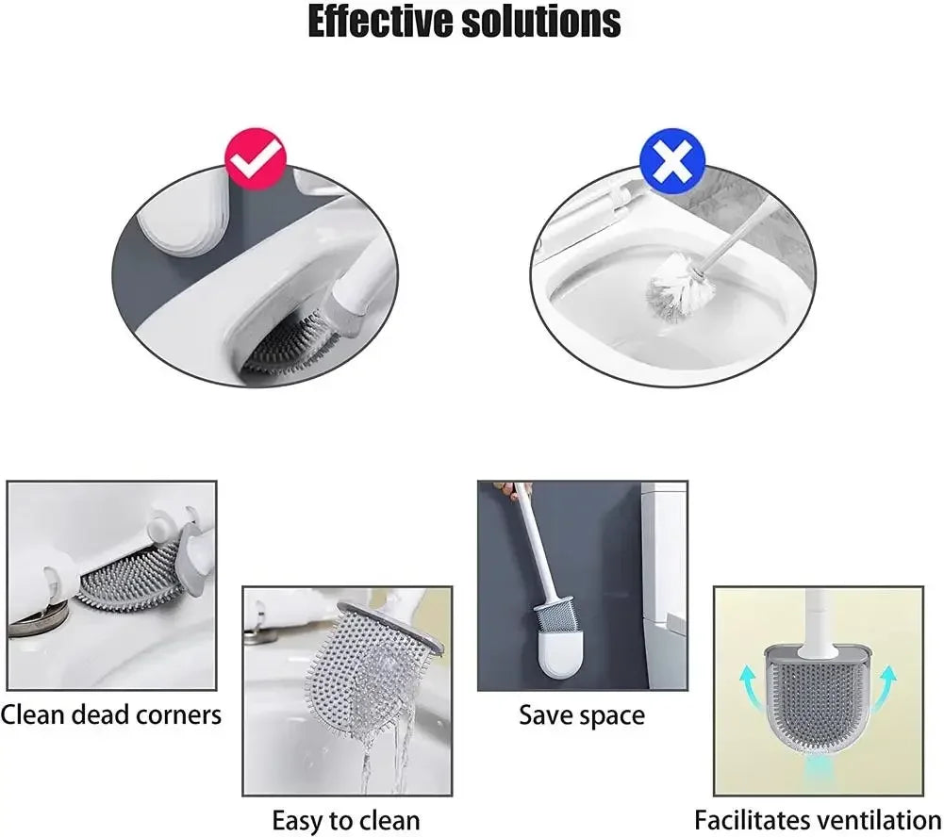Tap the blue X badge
click(x=671, y=162)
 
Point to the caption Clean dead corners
click(x=111, y=714)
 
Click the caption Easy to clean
click(x=345, y=819)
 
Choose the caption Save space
click(x=582, y=715)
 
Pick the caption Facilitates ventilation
click(x=818, y=819)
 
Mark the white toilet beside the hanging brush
click(x=665, y=584)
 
